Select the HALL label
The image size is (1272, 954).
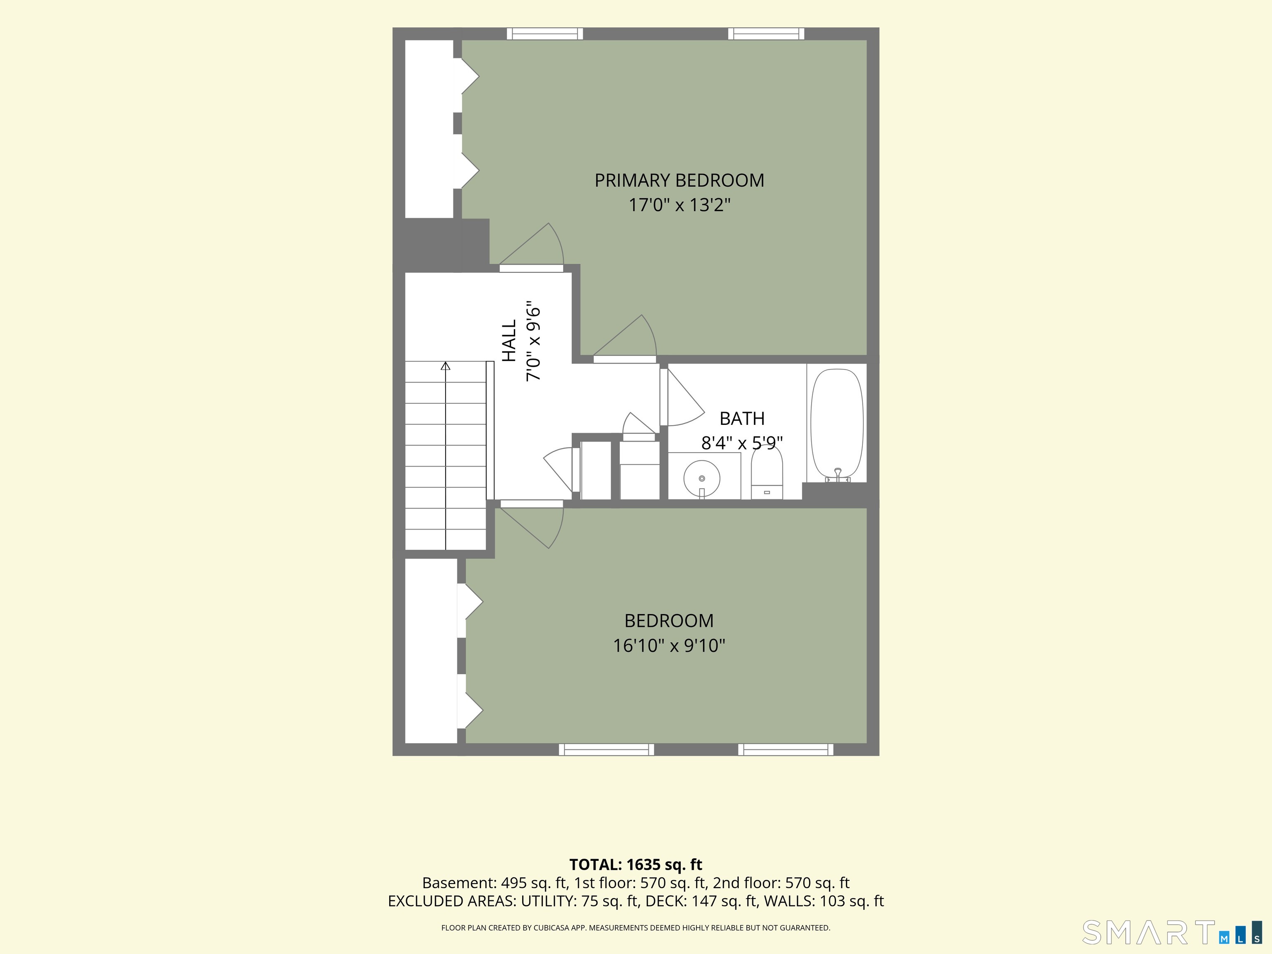509,341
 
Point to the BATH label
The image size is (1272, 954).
742,419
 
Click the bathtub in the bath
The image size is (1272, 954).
837,425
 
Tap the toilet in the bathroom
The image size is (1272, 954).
767,473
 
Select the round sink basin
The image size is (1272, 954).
701,478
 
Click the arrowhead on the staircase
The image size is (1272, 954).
446,366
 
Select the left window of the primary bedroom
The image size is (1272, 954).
544,34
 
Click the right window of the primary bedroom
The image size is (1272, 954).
766,34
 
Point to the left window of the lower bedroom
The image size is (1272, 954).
606,749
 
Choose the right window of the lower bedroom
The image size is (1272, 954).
785,749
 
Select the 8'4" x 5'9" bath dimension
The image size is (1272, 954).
742,443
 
